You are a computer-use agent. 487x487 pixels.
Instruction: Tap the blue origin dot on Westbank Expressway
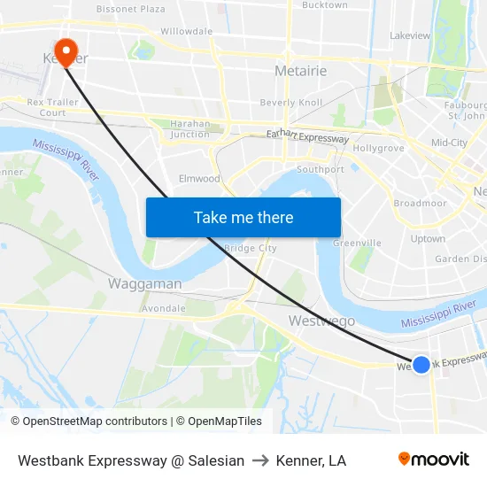pos(421,364)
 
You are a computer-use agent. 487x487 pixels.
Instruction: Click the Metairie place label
pos(300,71)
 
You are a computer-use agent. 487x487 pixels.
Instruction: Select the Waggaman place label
pos(145,283)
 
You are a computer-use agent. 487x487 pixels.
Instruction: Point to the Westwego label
pos(322,320)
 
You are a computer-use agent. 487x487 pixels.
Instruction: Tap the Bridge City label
pos(251,248)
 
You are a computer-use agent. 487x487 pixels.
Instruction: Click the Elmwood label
pos(199,178)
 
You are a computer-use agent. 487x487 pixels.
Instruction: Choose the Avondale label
pos(164,308)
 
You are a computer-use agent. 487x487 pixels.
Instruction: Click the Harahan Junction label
pos(189,129)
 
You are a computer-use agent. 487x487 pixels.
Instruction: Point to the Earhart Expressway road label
pos(307,137)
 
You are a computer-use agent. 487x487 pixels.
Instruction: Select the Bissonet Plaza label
pos(130,9)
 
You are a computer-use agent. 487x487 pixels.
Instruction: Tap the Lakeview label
pos(410,36)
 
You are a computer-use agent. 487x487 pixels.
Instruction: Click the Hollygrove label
pos(378,148)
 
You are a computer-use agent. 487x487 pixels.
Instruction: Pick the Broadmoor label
pos(420,203)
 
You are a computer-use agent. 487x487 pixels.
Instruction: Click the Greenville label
pos(357,243)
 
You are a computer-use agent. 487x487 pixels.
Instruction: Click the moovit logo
pos(434,460)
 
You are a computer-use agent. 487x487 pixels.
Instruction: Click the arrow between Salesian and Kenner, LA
pos(260,460)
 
